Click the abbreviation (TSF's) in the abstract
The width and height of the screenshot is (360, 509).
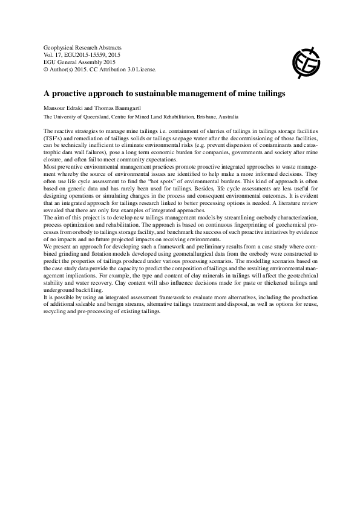[x=53, y=138]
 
